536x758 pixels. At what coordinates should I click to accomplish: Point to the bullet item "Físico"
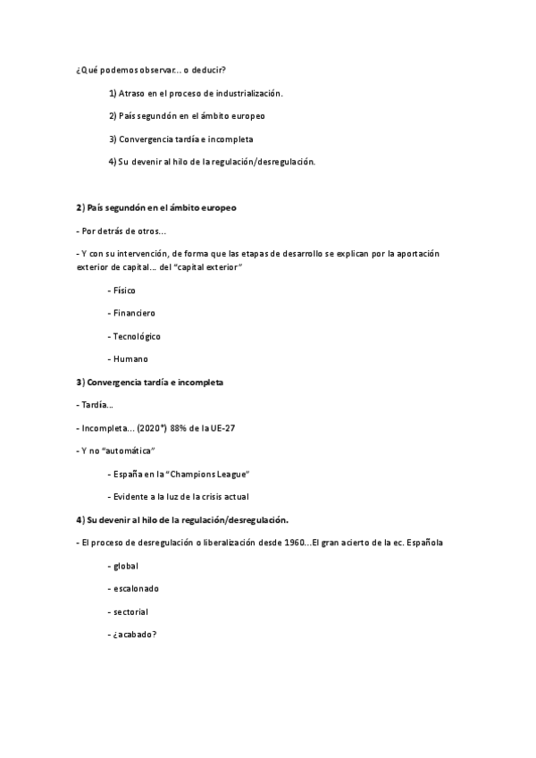123,291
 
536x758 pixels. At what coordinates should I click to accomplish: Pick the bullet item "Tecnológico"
136,336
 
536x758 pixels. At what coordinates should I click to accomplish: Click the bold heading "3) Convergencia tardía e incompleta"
150,382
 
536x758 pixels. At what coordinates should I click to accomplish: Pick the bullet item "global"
125,566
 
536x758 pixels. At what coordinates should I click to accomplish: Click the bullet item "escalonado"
136,589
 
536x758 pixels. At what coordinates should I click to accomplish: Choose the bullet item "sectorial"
130,612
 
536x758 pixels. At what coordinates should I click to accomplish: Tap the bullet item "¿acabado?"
135,635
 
